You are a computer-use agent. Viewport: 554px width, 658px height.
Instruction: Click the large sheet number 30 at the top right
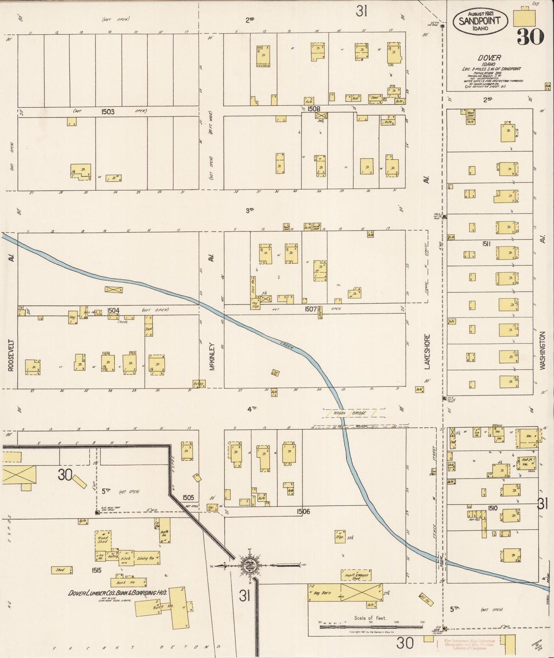pyautogui.click(x=530, y=37)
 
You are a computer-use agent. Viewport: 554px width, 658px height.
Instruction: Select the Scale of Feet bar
pyautogui.click(x=371, y=627)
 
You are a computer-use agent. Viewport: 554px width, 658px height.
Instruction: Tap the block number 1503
pyautogui.click(x=108, y=111)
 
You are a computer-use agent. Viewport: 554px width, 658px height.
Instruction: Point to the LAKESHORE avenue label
pyautogui.click(x=427, y=352)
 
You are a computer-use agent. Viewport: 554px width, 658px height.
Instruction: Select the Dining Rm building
pyautogui.click(x=147, y=558)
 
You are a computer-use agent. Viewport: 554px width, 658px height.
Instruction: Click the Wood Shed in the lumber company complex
pyautogui.click(x=103, y=539)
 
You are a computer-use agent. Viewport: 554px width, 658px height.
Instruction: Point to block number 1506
pyautogui.click(x=303, y=511)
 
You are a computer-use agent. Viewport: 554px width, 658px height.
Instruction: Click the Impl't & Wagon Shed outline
pyautogui.click(x=356, y=575)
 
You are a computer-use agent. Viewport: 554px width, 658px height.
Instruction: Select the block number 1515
pyautogui.click(x=96, y=570)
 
